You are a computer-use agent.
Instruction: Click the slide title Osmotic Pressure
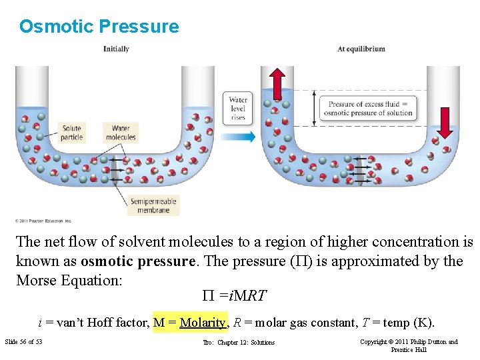tap(99, 27)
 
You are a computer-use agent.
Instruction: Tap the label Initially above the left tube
tap(116, 49)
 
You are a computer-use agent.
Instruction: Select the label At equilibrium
tap(361, 49)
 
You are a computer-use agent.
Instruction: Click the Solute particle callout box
tap(71, 133)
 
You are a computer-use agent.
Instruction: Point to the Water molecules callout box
tap(121, 133)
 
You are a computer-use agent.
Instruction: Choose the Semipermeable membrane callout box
tap(154, 205)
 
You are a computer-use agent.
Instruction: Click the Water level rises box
tap(238, 108)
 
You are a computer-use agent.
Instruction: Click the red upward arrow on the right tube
tap(278, 82)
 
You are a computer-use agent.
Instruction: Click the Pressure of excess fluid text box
tap(369, 108)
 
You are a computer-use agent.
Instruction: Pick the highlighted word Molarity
tap(203, 323)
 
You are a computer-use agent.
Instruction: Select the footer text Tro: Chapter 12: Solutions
tap(239, 343)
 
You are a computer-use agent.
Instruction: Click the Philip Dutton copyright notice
tap(409, 345)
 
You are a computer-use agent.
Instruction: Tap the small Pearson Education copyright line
tap(43, 221)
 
